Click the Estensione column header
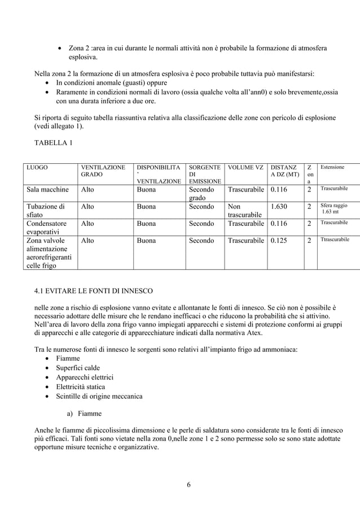tap(332, 168)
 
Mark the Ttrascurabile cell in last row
tap(335, 240)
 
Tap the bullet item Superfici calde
tap(78, 368)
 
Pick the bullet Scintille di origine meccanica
tap(99, 396)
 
